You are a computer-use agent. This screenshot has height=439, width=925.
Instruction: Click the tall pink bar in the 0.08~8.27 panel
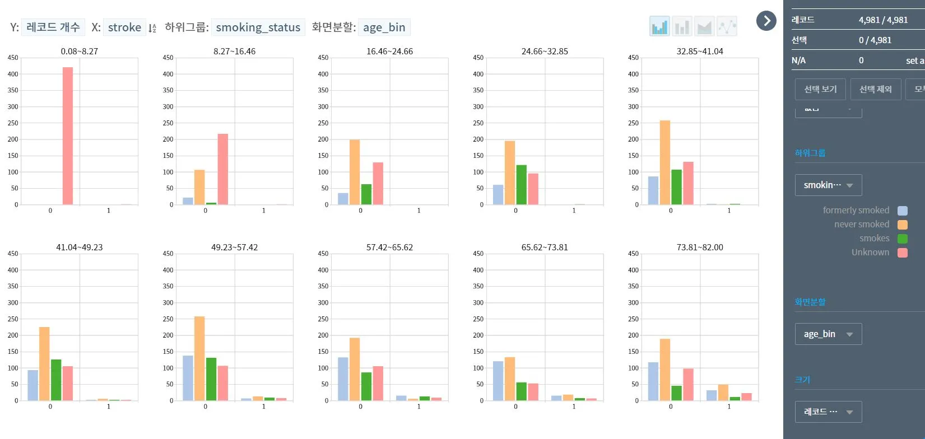point(67,136)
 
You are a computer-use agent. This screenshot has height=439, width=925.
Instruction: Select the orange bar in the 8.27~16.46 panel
point(199,188)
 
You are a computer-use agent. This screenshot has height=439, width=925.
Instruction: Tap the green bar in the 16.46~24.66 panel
point(366,194)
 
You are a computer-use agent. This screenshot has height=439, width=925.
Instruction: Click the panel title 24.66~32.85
point(545,52)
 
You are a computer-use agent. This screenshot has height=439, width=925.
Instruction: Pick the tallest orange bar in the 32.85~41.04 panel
point(665,162)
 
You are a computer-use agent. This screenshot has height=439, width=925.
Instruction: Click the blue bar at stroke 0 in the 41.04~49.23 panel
point(33,385)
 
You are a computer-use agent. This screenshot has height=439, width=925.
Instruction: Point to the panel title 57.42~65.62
point(389,247)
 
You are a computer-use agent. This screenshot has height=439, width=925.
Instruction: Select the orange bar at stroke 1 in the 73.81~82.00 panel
point(723,393)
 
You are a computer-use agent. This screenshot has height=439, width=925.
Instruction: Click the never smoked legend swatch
point(903,225)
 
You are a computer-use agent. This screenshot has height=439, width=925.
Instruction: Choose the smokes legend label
point(874,239)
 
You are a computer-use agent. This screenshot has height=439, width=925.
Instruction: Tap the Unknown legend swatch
point(903,253)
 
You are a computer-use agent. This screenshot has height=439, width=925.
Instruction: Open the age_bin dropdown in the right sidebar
point(828,334)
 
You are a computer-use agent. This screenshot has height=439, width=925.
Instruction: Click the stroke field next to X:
point(124,27)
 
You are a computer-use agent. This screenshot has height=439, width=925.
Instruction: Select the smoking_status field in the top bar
point(258,27)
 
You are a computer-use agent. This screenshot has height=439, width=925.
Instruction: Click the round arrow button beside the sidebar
point(766,21)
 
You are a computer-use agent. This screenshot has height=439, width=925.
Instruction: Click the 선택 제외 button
point(875,90)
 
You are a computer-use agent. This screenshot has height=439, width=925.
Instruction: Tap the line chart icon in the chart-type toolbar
point(727,26)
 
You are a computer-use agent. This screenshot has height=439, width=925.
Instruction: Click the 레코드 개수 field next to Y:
point(53,27)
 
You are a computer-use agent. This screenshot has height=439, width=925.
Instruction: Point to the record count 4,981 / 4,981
point(883,20)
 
